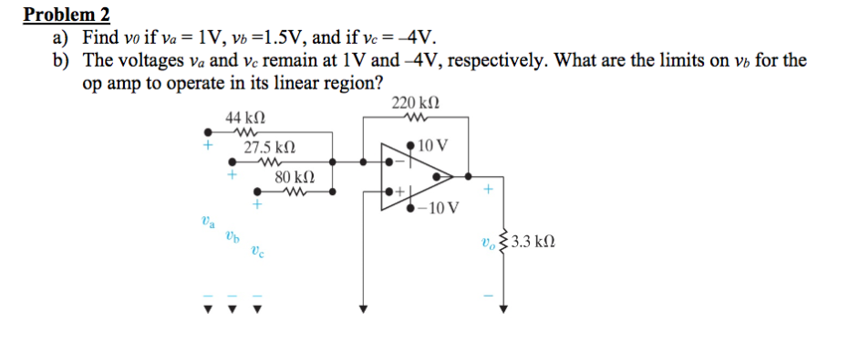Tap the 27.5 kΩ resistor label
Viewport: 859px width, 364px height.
[x=270, y=147]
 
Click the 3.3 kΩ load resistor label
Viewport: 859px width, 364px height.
[x=533, y=244]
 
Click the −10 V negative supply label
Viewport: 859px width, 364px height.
[x=433, y=209]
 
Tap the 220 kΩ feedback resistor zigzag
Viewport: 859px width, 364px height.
[x=419, y=116]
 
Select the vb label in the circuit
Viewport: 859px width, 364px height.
[x=233, y=235]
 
